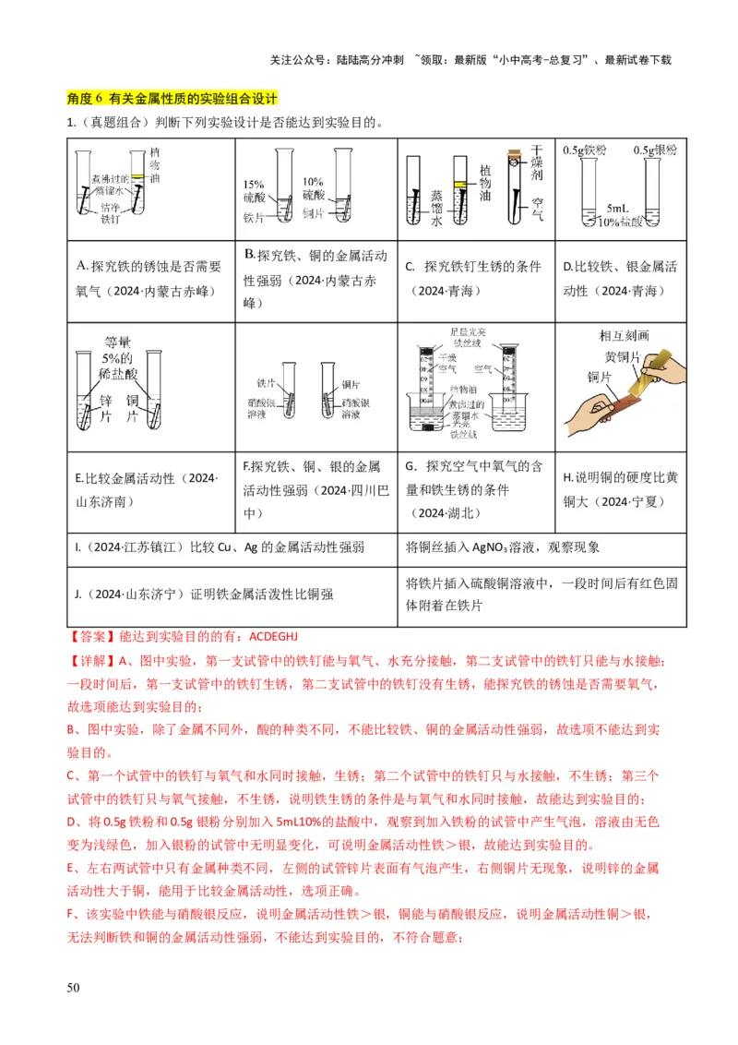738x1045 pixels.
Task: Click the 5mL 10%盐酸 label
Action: pyautogui.click(x=619, y=215)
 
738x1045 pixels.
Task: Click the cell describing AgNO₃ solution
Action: pyautogui.click(x=503, y=547)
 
